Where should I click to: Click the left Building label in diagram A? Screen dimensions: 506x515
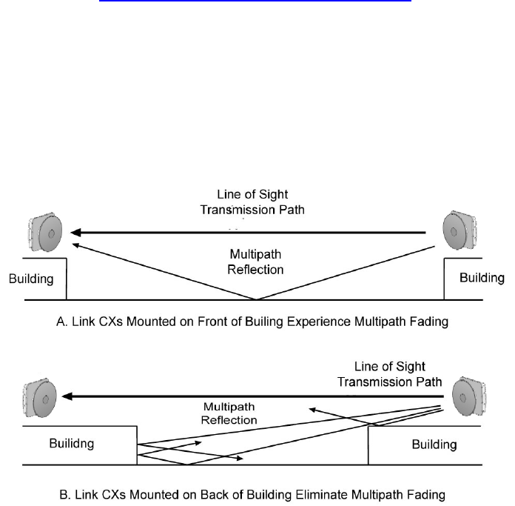[32, 279]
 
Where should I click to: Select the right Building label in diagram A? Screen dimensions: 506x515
[482, 278]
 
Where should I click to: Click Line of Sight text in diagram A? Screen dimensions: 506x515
[252, 195]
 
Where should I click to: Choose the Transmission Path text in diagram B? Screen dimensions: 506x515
[389, 382]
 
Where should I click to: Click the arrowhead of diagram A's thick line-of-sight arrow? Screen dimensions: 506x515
[76, 233]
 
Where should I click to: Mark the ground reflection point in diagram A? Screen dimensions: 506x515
[257, 299]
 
